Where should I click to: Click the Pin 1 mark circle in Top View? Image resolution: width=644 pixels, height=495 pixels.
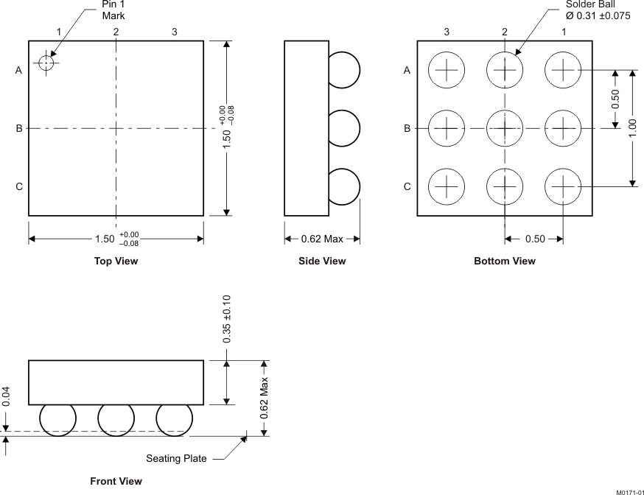[x=47, y=63]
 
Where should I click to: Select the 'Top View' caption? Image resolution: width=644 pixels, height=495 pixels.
[x=116, y=261]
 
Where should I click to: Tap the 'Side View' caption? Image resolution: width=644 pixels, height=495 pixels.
[x=322, y=261]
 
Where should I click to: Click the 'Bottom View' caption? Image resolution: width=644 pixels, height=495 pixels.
[x=505, y=261]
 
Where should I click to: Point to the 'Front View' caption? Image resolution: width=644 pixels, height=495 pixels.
[x=116, y=481]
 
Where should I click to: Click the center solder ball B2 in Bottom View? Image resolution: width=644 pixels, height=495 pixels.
[x=505, y=128]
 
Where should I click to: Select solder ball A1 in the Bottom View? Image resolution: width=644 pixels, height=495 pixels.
[x=563, y=70]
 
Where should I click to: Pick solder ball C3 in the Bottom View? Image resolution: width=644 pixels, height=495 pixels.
[x=447, y=186]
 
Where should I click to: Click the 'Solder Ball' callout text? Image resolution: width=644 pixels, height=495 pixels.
[x=590, y=4]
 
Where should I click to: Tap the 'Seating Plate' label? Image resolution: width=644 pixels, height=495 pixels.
[x=175, y=458]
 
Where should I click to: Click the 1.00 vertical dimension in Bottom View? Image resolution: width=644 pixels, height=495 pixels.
[x=633, y=128]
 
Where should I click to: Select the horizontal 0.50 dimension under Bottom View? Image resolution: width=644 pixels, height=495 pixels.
[x=534, y=239]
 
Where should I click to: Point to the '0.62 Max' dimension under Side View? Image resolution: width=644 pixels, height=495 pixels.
[x=323, y=239]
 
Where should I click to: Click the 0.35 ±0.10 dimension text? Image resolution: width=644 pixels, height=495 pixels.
[x=227, y=319]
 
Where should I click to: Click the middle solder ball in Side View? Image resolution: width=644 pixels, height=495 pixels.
[x=342, y=128]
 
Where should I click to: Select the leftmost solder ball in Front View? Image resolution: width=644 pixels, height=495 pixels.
[x=57, y=420]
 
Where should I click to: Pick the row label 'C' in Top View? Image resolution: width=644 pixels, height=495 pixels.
[x=19, y=186]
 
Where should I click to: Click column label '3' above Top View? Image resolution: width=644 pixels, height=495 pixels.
[x=174, y=32]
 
